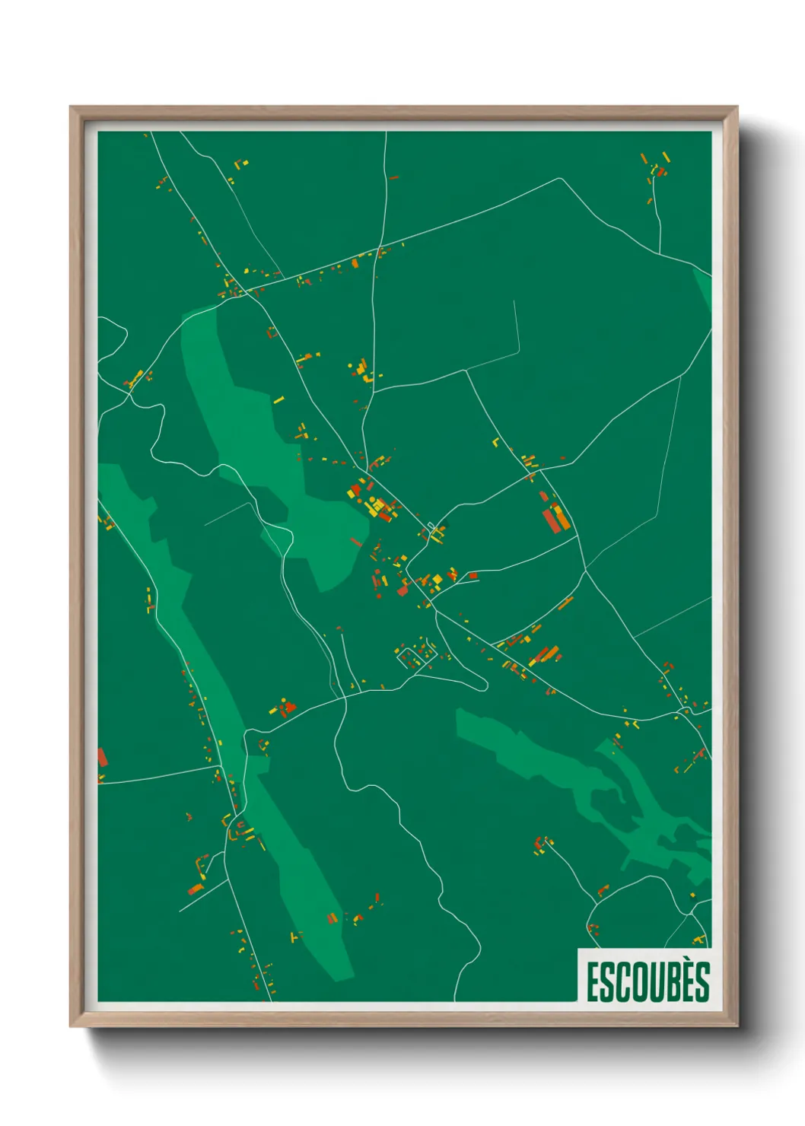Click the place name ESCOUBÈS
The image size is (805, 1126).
click(647, 981)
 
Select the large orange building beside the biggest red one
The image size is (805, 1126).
click(562, 517)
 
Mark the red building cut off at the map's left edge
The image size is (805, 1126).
click(101, 758)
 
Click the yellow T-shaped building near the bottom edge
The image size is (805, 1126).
click(295, 937)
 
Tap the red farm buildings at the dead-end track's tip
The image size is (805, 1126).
click(542, 843)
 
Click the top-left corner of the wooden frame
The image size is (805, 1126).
click(71, 107)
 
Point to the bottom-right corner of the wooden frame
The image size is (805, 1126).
click(737, 1027)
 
